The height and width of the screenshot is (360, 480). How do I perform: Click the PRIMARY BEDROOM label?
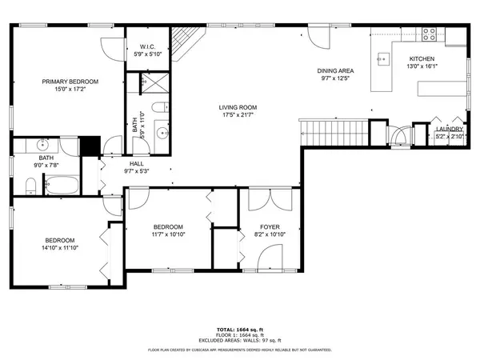click(70, 82)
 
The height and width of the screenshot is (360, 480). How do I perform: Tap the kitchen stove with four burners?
click(430, 34)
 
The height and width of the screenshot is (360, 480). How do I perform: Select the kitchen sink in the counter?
click(382, 58)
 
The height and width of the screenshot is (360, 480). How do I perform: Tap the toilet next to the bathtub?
click(29, 186)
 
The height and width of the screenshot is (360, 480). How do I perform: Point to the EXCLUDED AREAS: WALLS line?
click(240, 339)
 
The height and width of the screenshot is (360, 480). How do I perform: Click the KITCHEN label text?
click(422, 59)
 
